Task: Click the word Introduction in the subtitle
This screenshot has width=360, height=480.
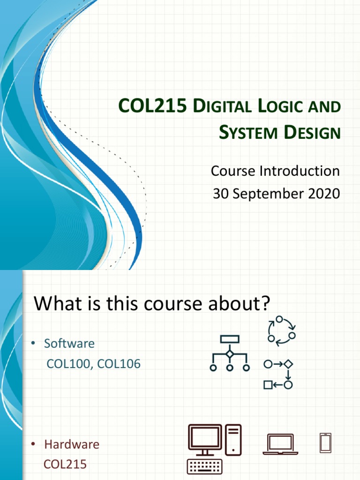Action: pos(300,171)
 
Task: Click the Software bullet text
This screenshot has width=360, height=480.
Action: pos(69,344)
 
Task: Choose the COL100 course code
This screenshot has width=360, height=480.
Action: pos(68,364)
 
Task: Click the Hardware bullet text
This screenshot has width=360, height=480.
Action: pos(72,444)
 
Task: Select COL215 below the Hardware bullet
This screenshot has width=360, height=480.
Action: pos(65,464)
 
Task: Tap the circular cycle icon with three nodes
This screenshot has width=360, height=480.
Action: pos(281,331)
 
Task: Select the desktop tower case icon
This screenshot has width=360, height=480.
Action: pos(233,440)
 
